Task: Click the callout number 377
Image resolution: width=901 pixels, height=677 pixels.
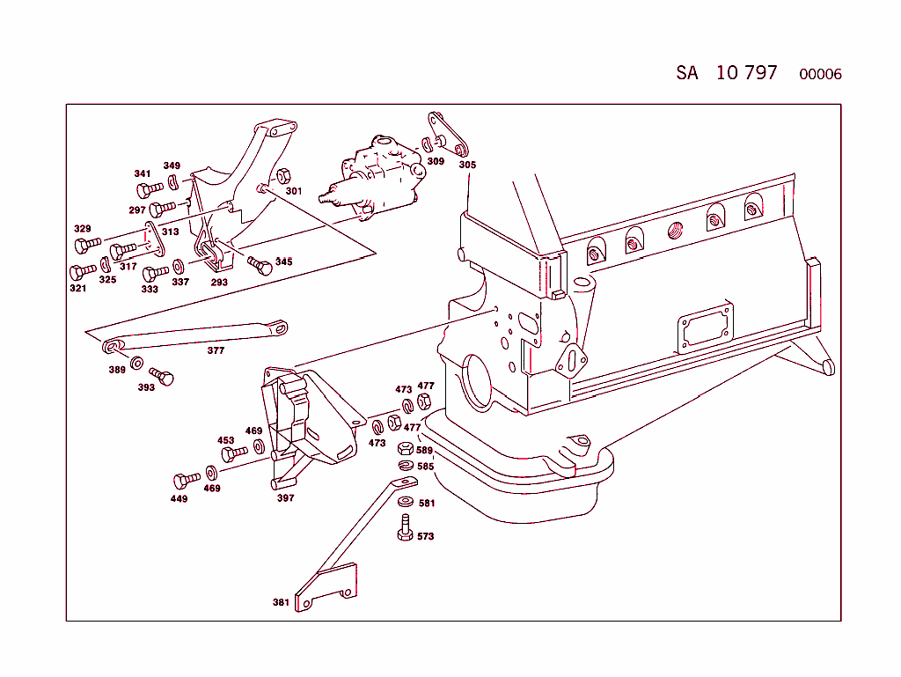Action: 216,350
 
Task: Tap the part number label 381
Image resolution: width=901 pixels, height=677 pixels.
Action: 281,603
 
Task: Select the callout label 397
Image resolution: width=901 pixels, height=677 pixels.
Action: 285,497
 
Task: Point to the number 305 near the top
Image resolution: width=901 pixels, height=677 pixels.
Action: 467,165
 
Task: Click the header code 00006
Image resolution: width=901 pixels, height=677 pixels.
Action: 820,74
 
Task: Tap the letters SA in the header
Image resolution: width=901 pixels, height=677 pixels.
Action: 687,73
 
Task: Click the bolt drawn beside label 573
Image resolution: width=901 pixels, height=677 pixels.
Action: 405,528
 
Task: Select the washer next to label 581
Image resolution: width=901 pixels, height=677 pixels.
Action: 405,501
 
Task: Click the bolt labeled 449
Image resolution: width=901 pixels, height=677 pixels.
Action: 187,480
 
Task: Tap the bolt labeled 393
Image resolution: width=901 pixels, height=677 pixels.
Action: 162,376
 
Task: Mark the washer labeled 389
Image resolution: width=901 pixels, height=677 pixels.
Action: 137,364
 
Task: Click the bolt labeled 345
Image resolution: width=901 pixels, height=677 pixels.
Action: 260,265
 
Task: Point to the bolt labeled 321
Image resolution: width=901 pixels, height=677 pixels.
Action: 83,272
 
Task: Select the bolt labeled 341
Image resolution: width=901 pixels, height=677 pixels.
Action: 150,188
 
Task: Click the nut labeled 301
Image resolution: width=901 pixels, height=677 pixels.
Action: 283,174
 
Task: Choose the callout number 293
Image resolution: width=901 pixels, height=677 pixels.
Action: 219,283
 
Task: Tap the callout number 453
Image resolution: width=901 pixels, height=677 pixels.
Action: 226,440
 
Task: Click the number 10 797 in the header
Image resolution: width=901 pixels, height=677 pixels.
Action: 746,73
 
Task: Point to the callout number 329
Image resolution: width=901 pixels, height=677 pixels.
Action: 82,229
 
